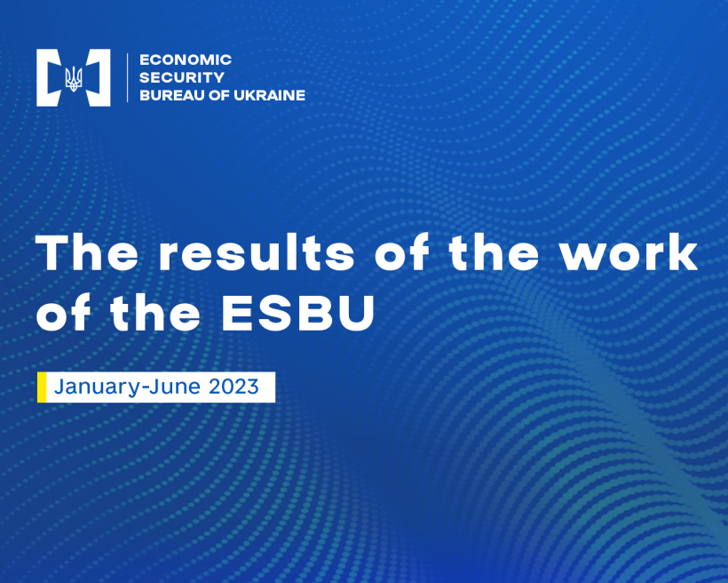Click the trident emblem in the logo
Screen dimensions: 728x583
[74, 78]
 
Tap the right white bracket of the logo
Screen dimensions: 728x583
[99, 77]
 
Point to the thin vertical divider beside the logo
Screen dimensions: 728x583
[128, 77]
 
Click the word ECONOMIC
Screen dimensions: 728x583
[186, 60]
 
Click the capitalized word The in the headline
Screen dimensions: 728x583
[87, 252]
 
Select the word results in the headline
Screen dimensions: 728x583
[257, 252]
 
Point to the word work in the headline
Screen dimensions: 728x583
[629, 252]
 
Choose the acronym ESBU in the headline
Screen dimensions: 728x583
[298, 313]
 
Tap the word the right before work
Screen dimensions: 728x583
[494, 252]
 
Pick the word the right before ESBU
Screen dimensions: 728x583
[155, 313]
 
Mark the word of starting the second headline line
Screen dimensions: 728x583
[63, 313]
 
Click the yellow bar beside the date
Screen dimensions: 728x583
[42, 387]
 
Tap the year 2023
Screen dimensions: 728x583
[233, 387]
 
